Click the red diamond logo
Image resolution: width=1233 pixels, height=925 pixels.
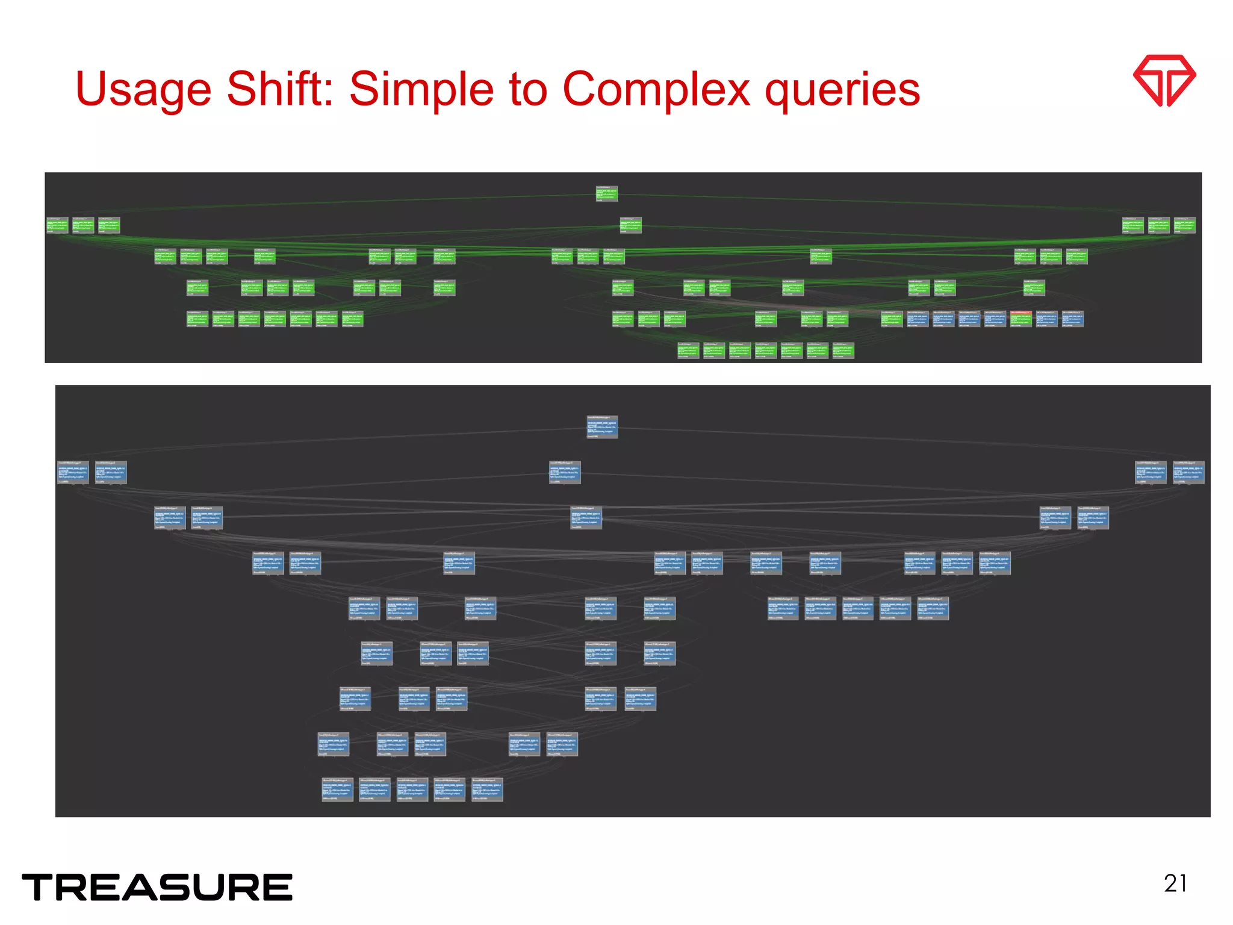tap(1164, 81)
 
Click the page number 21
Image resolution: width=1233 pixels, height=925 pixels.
tap(1175, 883)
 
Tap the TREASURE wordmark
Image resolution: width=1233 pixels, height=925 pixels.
tap(157, 888)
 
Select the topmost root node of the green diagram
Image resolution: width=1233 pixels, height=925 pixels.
tap(606, 193)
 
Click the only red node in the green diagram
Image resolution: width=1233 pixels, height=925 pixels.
tap(1021, 319)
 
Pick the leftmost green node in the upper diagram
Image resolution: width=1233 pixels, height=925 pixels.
tap(58, 225)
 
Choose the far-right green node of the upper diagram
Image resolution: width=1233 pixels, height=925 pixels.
tap(1184, 225)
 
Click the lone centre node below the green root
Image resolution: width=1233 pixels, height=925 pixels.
tap(630, 225)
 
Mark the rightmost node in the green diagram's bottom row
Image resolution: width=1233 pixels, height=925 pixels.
tap(843, 350)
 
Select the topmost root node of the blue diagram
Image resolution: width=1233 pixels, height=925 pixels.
tap(602, 427)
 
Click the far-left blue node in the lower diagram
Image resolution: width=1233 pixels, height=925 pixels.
tap(73, 473)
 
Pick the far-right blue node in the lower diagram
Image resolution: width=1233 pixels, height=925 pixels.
tap(1188, 473)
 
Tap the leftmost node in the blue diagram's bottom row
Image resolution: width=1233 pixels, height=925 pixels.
tap(337, 790)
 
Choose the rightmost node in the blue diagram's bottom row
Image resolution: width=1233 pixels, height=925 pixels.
tap(487, 790)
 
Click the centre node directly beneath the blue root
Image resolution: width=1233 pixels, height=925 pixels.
tap(564, 473)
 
